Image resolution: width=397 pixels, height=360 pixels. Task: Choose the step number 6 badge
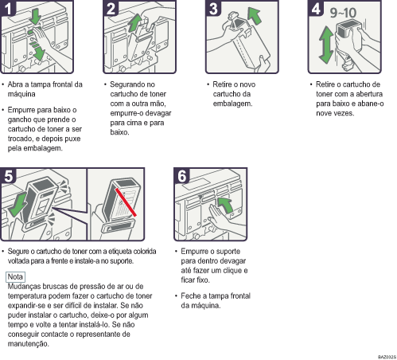(181, 177)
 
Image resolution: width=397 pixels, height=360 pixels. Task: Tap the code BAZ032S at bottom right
(382, 356)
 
